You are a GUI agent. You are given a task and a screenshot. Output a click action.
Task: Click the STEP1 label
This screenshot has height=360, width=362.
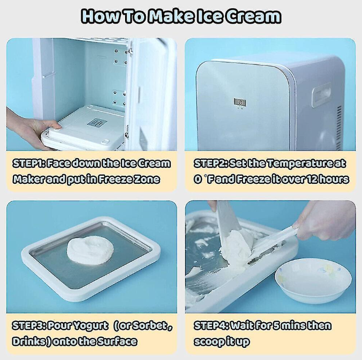click(28, 163)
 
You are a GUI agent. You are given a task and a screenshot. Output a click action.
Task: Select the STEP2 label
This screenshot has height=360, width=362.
click(210, 163)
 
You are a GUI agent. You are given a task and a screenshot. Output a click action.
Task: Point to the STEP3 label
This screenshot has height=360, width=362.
click(28, 326)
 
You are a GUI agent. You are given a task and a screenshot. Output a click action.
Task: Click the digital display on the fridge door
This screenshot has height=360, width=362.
click(240, 102)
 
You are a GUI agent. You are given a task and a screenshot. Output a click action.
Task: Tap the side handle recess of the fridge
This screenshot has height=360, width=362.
click(321, 95)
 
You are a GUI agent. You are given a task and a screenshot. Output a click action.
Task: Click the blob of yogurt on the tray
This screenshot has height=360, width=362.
click(90, 250)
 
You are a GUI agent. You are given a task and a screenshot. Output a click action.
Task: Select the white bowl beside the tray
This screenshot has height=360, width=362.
click(313, 280)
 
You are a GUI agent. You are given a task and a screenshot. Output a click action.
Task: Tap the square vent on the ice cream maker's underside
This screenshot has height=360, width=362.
click(96, 123)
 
